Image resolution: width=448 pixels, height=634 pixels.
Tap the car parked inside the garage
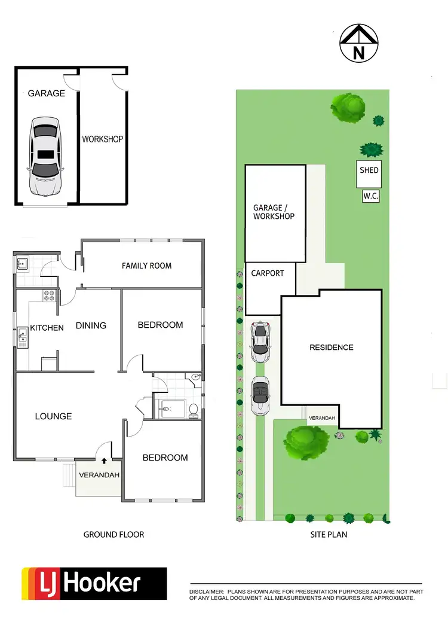coord(45,156)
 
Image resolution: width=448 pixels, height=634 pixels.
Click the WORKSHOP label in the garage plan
coord(102,139)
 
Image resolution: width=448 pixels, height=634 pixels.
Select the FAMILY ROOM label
coord(146,266)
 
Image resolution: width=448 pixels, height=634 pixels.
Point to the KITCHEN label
coord(47,328)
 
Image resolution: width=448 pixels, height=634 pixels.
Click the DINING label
coord(91,325)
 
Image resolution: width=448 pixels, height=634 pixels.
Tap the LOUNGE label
coord(53,416)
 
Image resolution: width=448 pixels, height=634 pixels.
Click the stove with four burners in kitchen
coord(48,295)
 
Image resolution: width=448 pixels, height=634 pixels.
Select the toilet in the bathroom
coord(193,410)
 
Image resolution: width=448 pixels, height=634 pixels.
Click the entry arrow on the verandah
coord(105,461)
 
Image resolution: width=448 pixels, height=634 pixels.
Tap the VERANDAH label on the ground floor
coord(99,475)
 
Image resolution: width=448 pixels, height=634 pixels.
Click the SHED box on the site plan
coord(369,170)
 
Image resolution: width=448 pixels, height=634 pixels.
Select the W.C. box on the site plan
coord(371,196)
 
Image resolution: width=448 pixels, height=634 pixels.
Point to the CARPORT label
coord(267,273)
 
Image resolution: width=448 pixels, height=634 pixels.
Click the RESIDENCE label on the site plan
coord(331,348)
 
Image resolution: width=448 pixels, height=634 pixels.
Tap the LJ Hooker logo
coord(94,584)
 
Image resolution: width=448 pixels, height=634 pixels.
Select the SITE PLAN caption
coord(328,534)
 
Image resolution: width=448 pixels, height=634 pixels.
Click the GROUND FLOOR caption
coord(113,534)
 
